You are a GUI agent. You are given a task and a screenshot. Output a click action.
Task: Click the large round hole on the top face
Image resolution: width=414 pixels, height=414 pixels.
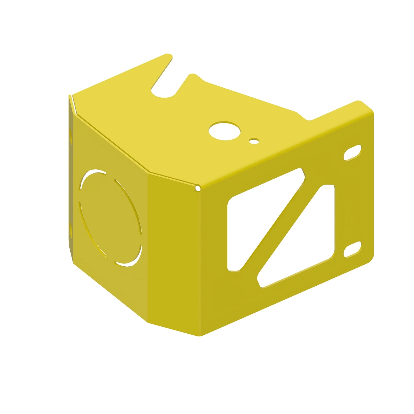tap(225, 130)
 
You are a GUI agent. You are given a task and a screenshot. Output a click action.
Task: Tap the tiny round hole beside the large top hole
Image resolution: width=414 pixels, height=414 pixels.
tap(254, 141)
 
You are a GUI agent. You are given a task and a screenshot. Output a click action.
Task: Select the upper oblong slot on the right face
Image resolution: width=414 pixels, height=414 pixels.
tap(352, 152)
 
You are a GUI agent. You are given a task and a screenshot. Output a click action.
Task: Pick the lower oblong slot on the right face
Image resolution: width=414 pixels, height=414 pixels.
tap(352, 249)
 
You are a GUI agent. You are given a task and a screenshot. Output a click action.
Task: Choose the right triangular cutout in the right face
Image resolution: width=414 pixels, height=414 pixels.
tap(307, 241)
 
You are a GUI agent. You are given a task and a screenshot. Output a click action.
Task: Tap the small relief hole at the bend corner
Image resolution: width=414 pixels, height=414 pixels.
tap(198, 188)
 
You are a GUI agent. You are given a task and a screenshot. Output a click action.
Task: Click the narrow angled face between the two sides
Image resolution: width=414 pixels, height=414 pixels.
tap(174, 252)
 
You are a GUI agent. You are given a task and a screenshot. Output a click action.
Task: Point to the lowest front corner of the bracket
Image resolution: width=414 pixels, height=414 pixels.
tap(200, 335)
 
